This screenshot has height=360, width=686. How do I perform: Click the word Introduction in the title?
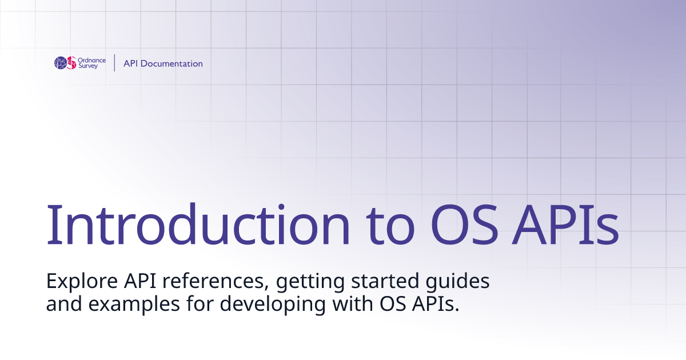[x=198, y=225]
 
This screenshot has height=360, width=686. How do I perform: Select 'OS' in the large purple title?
[x=464, y=225]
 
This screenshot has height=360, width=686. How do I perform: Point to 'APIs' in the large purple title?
[x=565, y=225]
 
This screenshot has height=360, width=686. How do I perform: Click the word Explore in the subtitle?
[x=82, y=282]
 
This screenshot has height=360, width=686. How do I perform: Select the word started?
[x=385, y=281]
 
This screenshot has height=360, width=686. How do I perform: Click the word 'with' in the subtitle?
[x=353, y=303]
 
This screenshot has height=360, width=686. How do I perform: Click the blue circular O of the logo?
[x=61, y=63]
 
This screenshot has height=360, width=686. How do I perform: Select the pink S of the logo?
[x=71, y=63]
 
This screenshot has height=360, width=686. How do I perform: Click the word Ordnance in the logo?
[x=92, y=61]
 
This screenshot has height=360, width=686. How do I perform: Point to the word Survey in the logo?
[x=88, y=66]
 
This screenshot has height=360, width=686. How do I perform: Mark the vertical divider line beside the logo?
[x=114, y=63]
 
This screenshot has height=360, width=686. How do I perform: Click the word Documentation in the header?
[x=171, y=63]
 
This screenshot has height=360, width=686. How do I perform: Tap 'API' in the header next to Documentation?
[x=130, y=63]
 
